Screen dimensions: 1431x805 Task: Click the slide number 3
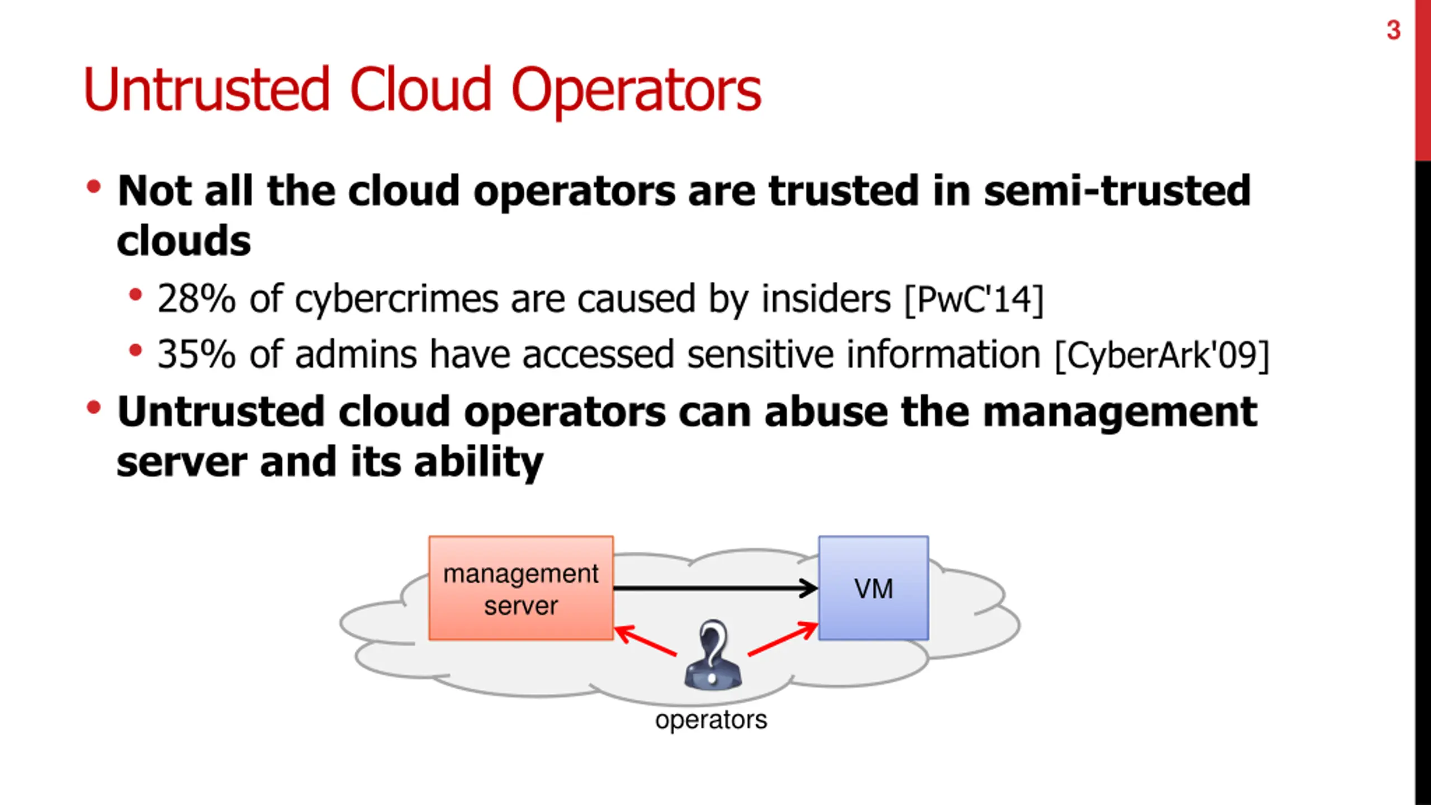[x=1393, y=30]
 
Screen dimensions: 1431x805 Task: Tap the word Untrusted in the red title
[x=207, y=89]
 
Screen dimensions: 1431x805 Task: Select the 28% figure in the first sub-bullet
[x=196, y=299]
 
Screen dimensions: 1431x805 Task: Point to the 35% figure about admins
[x=196, y=354]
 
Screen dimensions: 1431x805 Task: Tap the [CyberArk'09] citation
[x=1162, y=356]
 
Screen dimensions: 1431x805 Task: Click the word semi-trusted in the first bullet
[x=1117, y=191]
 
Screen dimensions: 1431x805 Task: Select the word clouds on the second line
[x=184, y=241]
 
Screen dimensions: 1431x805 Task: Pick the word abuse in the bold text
[x=826, y=412]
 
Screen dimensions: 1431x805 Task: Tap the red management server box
[x=521, y=588]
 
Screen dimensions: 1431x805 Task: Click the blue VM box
[x=874, y=588]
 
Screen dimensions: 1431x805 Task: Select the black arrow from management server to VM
[x=715, y=588]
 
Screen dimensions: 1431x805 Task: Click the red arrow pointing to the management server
[x=646, y=641]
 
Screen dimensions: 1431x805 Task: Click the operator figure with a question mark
[x=713, y=655]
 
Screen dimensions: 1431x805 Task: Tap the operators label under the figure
[x=711, y=720]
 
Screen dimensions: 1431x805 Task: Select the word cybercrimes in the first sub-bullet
[x=396, y=300]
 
